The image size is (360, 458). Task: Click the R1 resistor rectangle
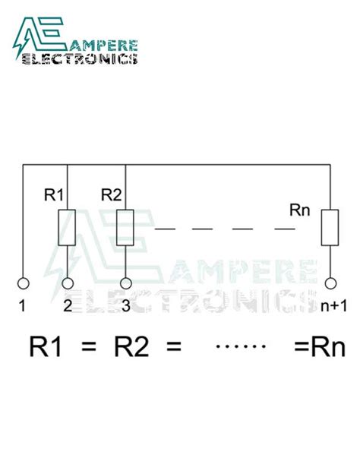coord(68,227)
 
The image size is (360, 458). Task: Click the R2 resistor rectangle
coord(125,227)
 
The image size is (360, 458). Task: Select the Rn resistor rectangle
coord(330,227)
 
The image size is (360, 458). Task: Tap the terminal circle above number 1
coord(24,284)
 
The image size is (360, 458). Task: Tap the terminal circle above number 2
coord(68,284)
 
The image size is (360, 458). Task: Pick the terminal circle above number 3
coord(125,284)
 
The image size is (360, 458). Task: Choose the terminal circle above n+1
coord(330,284)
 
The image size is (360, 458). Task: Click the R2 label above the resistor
coord(112,195)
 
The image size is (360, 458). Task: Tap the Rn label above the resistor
coord(300,207)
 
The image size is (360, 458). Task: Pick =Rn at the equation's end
coord(319,349)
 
